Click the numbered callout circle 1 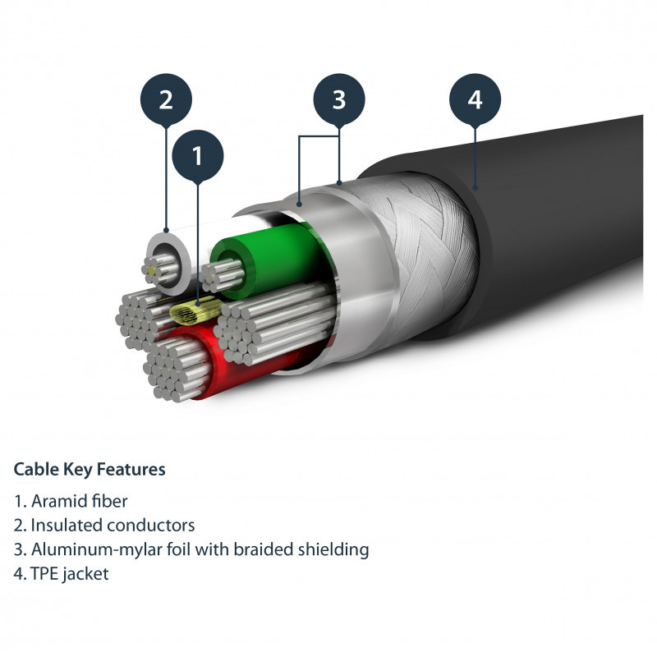(x=196, y=154)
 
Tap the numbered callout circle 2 (x=166, y=100)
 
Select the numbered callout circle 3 (x=339, y=100)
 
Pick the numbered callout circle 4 (x=475, y=100)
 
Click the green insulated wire (x=246, y=246)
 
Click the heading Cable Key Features (x=90, y=470)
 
